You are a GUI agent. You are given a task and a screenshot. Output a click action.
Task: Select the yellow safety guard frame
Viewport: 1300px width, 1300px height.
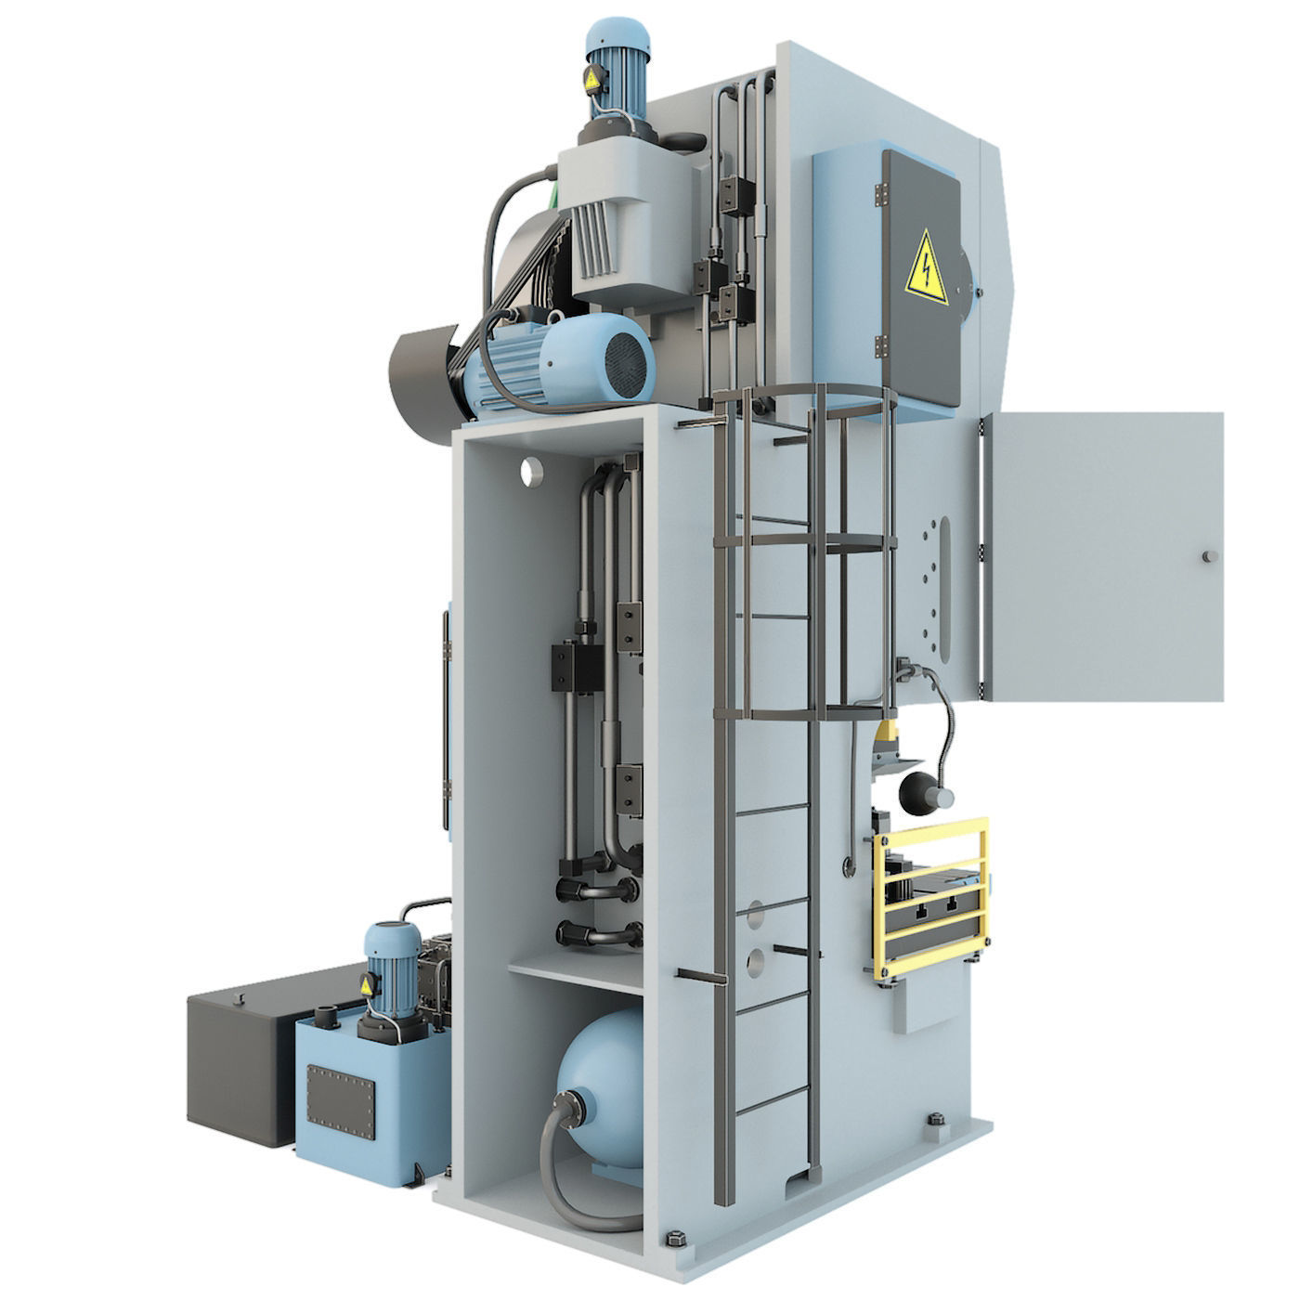[931, 897]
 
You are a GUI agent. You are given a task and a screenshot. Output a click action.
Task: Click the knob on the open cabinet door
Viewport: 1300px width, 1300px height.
[1206, 555]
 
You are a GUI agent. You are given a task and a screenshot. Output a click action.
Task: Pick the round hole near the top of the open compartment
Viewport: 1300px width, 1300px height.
[531, 470]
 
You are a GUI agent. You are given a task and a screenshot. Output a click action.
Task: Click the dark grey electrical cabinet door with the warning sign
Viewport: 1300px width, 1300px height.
[919, 279]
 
